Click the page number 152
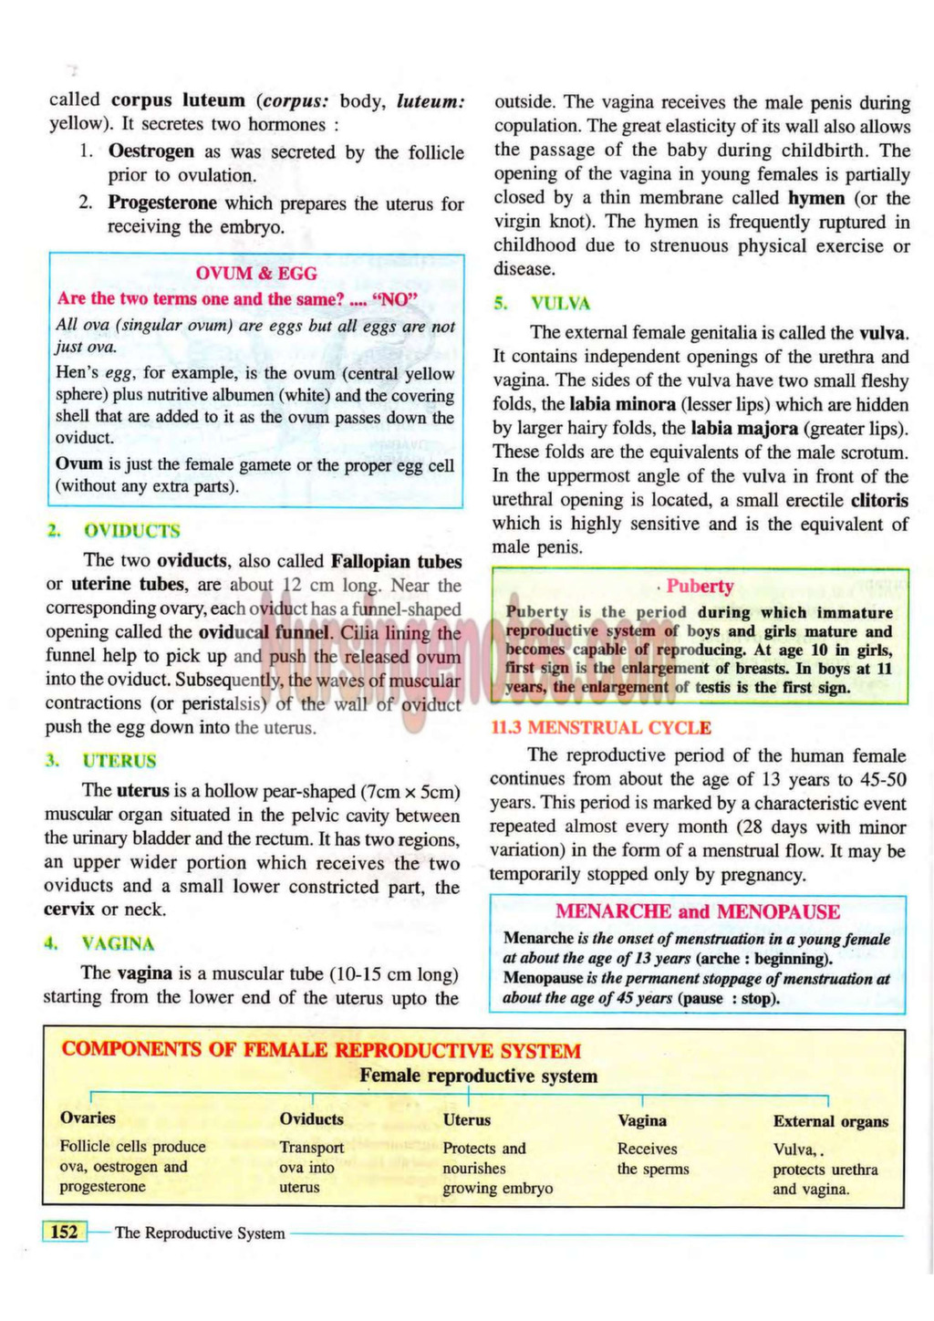click(x=64, y=1233)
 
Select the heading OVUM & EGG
click(x=256, y=273)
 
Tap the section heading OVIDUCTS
click(x=131, y=531)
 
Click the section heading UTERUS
click(x=119, y=761)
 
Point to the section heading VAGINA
click(x=118, y=943)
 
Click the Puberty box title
click(x=700, y=587)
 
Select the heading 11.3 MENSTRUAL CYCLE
click(x=601, y=728)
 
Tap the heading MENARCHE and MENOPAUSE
click(x=698, y=911)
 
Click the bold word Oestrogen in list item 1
click(x=151, y=151)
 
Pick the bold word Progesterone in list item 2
click(x=162, y=203)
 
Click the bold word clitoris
click(x=879, y=500)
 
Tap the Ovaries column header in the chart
click(x=88, y=1118)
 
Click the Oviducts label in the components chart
click(x=312, y=1119)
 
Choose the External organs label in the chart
click(x=830, y=1122)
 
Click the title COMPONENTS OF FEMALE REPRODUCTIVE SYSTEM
click(x=321, y=1050)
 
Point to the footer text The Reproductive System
click(x=200, y=1233)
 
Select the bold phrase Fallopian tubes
click(x=396, y=561)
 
